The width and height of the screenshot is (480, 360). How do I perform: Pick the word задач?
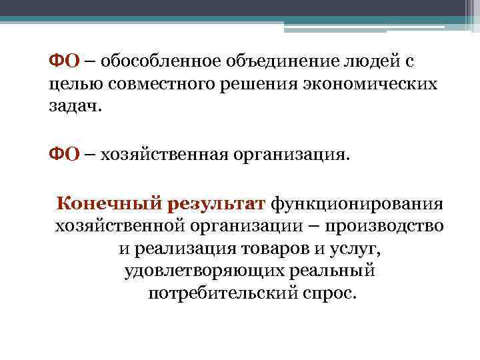coord(77,108)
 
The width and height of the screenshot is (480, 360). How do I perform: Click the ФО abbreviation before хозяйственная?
coord(65,154)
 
